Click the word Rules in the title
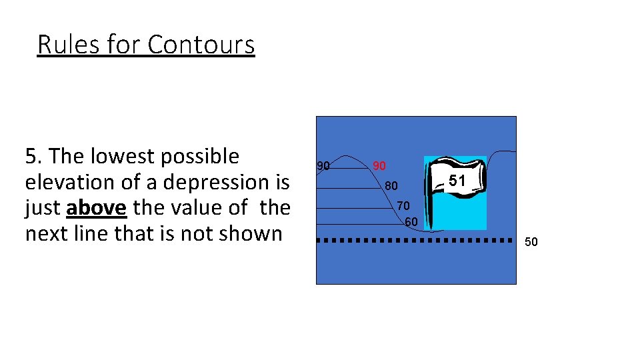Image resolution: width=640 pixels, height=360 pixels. click(65, 45)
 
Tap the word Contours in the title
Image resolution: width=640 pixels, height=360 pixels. click(201, 45)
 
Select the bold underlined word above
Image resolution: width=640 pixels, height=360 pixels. click(97, 208)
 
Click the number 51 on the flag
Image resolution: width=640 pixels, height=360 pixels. click(457, 180)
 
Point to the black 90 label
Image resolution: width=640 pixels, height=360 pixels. click(323, 165)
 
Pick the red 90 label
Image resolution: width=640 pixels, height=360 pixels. click(379, 165)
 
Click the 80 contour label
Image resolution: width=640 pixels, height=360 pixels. click(391, 185)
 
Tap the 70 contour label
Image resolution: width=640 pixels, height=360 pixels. click(403, 205)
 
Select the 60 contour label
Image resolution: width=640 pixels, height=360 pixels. click(411, 221)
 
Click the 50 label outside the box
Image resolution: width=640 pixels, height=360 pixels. click(531, 241)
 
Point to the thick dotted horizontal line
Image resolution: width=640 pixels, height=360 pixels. click(409, 240)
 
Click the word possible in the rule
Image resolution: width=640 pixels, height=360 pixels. click(206, 156)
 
